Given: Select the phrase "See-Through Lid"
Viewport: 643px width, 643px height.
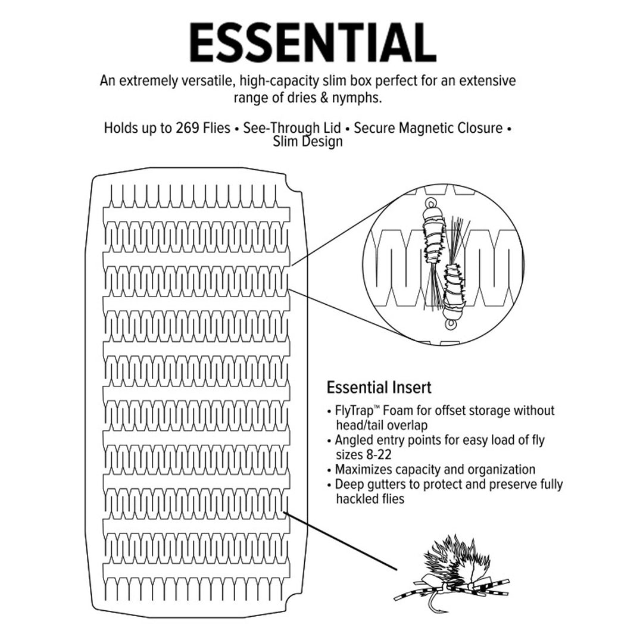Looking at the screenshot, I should [292, 128].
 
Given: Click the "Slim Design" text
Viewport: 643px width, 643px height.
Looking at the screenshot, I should [308, 142].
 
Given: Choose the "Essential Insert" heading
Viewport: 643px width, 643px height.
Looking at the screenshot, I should [379, 388].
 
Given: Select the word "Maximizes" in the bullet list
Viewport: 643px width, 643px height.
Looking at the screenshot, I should [364, 470].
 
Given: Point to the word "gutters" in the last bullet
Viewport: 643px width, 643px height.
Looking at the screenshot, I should [387, 485].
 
